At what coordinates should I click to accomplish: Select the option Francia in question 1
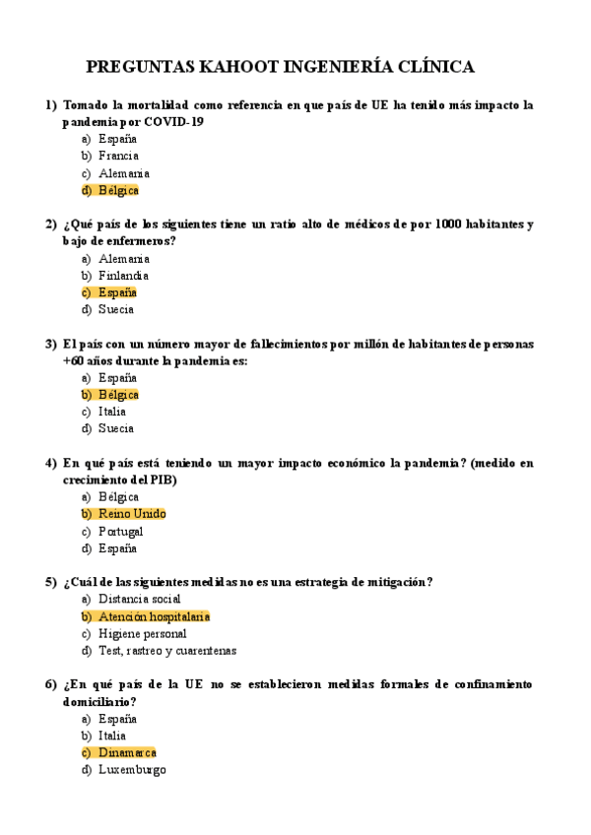(x=118, y=156)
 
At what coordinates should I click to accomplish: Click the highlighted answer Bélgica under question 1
(x=118, y=190)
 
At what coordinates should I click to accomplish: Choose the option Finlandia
(x=124, y=276)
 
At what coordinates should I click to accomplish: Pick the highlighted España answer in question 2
(x=117, y=292)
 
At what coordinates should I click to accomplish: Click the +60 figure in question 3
(x=74, y=360)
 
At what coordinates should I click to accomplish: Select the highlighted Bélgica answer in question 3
(x=118, y=395)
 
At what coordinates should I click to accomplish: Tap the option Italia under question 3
(x=112, y=412)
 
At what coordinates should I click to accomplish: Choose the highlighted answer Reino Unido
(x=132, y=514)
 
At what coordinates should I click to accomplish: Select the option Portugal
(x=121, y=531)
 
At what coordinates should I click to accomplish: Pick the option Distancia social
(x=140, y=599)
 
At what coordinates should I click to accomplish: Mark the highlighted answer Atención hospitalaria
(x=154, y=616)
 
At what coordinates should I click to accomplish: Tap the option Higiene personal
(x=142, y=633)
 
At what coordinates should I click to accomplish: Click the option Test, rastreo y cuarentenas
(x=167, y=650)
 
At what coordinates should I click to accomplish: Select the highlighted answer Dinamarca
(x=127, y=752)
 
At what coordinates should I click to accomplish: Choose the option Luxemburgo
(x=132, y=769)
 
